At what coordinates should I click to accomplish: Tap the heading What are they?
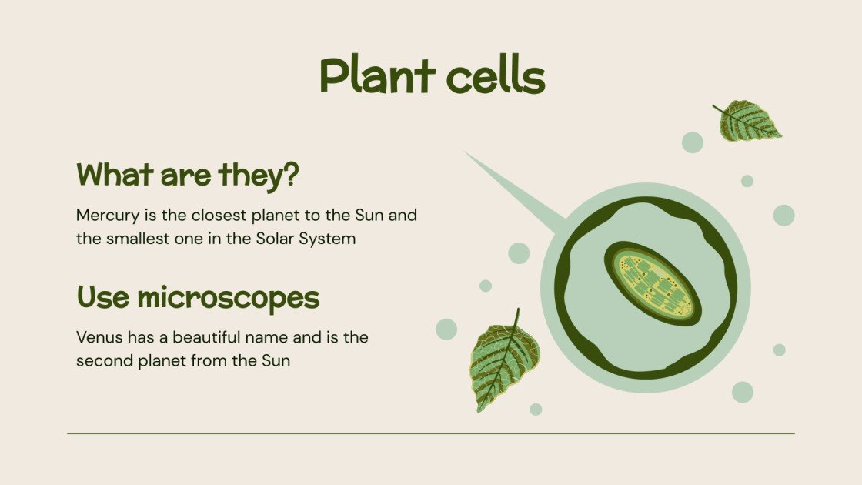coord(187,176)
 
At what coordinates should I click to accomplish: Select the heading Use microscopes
coord(198,297)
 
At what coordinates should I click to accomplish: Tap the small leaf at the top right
coord(748,122)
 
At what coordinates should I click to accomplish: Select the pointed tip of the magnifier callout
coord(466,154)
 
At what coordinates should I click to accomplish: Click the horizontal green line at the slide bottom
coord(431,433)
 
